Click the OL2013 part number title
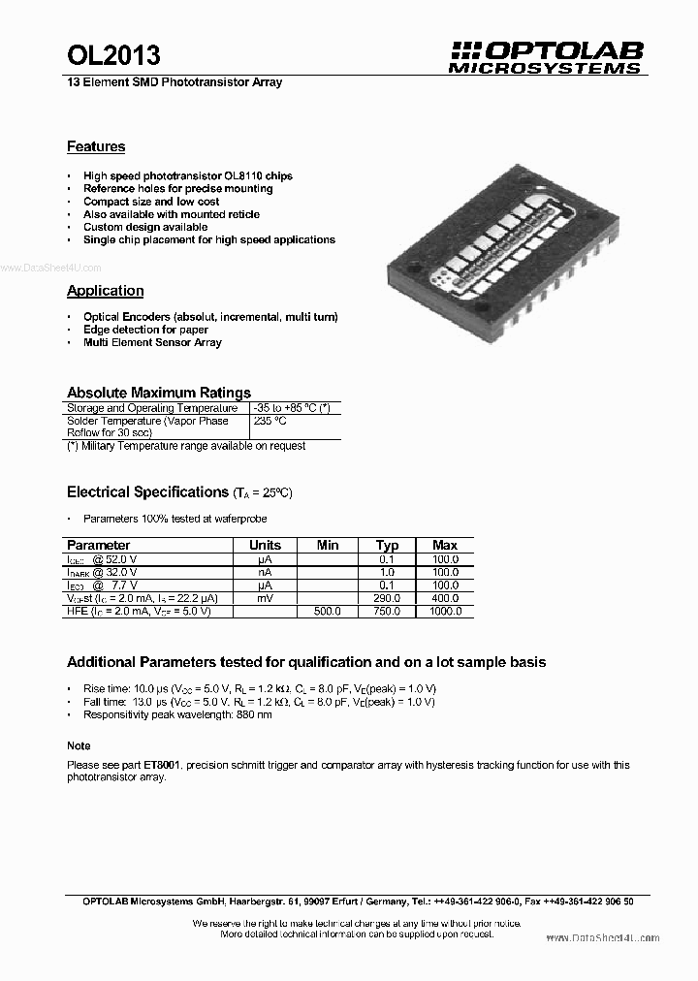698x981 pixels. (113, 56)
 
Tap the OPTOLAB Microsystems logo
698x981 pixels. (546, 57)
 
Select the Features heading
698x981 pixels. (96, 147)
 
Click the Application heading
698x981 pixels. (105, 291)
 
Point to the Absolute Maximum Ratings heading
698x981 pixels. (158, 393)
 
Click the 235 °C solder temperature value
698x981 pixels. (270, 422)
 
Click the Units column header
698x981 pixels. (265, 545)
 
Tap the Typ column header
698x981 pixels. (387, 545)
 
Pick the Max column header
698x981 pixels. (445, 545)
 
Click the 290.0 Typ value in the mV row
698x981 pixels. (387, 599)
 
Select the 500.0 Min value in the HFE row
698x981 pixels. (329, 612)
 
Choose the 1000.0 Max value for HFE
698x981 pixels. (445, 612)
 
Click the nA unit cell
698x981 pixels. (265, 572)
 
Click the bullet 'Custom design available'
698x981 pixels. (145, 227)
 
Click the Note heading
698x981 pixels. (79, 745)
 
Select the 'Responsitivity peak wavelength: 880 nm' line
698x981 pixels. (177, 714)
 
